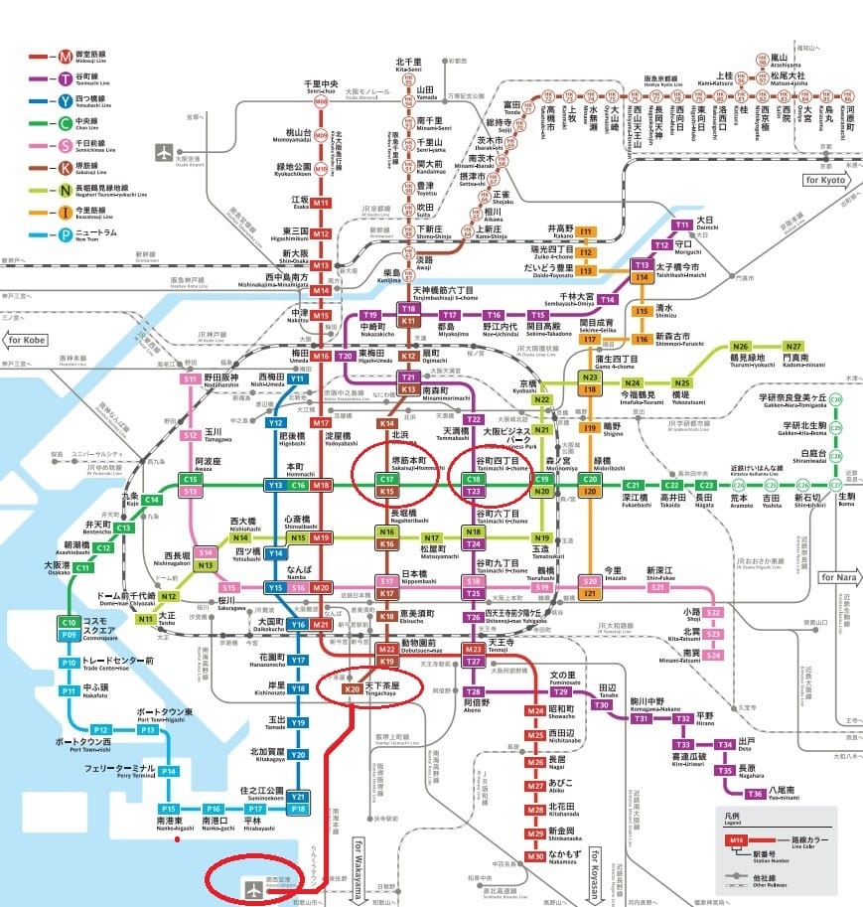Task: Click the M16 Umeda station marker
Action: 320,356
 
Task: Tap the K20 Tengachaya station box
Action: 351,687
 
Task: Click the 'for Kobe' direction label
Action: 29,340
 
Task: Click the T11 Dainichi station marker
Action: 683,226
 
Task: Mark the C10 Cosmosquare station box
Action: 70,623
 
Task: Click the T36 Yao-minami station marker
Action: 756,793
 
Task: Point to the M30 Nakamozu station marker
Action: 536,855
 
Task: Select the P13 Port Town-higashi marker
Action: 148,729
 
